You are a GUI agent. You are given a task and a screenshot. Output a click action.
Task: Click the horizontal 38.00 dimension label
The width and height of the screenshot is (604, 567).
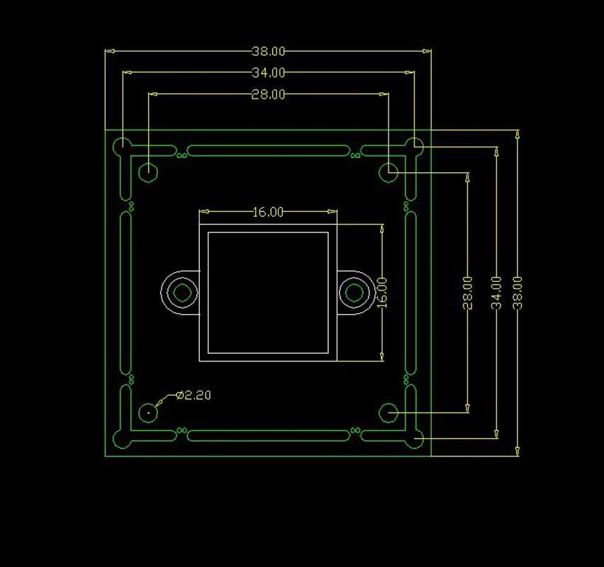pos(268,51)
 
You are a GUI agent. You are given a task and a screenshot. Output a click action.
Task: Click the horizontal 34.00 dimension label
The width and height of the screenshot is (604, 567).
pos(268,72)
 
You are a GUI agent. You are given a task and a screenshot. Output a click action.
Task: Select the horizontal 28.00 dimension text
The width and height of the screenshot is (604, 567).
pos(268,94)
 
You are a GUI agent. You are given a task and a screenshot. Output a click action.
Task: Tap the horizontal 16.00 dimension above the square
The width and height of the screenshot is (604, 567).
pos(268,212)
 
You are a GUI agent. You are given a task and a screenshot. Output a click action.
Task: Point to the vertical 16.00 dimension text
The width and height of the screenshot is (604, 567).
pos(383,292)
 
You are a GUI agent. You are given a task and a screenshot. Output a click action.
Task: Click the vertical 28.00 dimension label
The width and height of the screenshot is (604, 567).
pos(467,292)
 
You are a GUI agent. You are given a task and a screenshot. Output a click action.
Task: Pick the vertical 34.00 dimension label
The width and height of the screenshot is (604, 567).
pos(496,292)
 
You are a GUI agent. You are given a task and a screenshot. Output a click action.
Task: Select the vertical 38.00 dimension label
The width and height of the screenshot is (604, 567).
pos(518,292)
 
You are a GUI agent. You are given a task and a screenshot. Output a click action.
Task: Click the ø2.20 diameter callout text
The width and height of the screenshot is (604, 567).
pos(194,395)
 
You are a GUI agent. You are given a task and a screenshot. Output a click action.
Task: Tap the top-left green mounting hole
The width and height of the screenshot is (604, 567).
pos(148,172)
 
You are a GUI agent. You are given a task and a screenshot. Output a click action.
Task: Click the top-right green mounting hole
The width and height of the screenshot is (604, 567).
pos(388,172)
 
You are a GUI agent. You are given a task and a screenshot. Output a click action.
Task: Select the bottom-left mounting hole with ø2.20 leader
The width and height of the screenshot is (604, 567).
pos(148,412)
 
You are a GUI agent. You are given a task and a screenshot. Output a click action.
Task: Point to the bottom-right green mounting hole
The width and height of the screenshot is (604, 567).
pos(388,412)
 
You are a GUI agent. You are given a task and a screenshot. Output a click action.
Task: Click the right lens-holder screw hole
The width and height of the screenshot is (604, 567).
pos(354,292)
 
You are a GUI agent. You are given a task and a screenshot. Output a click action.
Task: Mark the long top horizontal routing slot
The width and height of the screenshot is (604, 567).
pos(268,151)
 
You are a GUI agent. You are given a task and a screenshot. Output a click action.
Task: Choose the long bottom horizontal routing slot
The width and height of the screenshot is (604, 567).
pos(268,435)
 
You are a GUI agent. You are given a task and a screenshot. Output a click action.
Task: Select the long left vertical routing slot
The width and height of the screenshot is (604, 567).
pos(125,292)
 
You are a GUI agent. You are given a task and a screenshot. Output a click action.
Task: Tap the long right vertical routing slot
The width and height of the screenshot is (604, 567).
pos(410,292)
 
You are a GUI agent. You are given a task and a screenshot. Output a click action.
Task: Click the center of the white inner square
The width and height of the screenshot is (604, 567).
pos(268,292)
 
